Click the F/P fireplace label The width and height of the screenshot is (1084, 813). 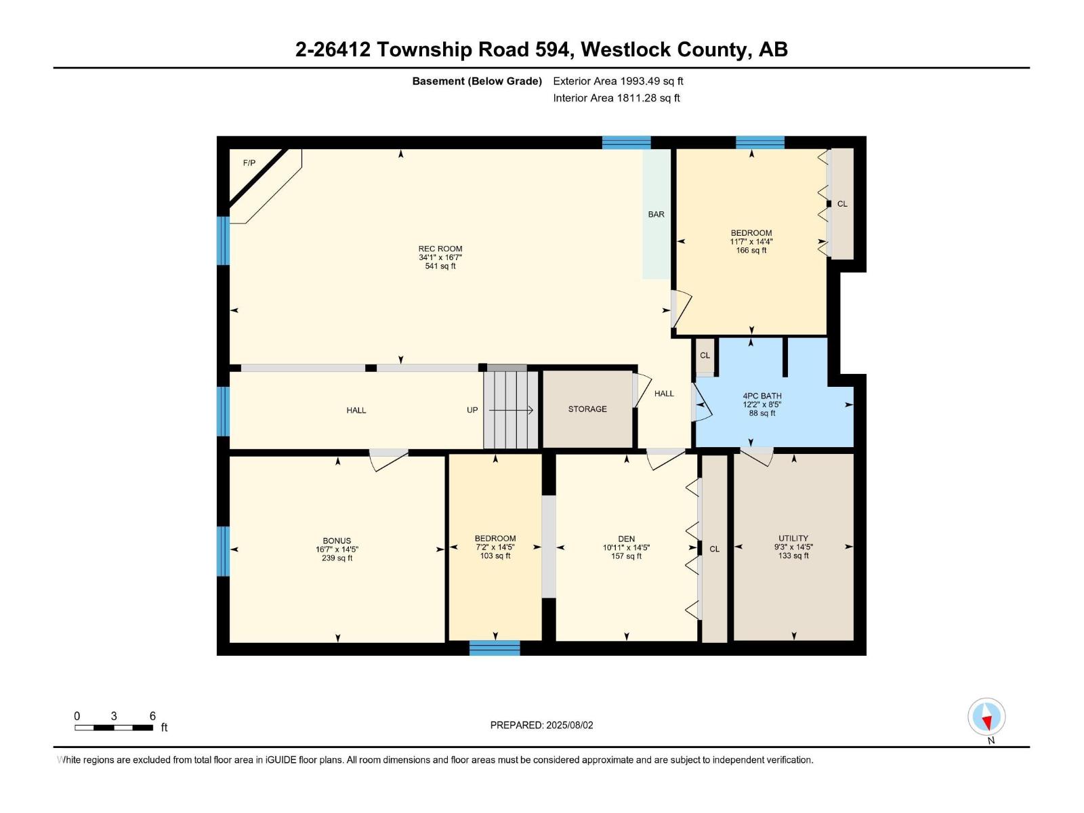tap(249, 163)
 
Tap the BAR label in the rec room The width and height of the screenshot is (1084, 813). tap(656, 214)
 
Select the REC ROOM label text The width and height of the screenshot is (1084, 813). tap(440, 249)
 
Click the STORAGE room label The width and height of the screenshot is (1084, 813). tap(587, 409)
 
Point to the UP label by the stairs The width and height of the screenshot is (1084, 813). tap(472, 410)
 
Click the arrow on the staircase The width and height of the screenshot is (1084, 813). tap(511, 410)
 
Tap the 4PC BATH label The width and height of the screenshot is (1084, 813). tap(762, 396)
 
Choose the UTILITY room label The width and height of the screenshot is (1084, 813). tap(793, 539)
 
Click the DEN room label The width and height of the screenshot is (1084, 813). tap(626, 539)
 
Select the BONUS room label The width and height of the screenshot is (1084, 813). tap(337, 541)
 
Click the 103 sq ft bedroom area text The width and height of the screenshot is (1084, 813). tap(495, 556)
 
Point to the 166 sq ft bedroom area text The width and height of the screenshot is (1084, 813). tap(751, 251)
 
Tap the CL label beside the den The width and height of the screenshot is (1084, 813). tap(714, 549)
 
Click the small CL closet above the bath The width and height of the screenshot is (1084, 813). tap(705, 356)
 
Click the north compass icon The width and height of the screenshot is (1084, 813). tap(986, 717)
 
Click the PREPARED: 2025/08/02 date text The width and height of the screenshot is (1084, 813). tap(541, 725)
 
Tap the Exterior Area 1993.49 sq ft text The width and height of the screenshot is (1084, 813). tap(618, 81)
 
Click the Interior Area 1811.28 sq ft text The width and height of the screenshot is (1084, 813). tap(616, 98)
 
